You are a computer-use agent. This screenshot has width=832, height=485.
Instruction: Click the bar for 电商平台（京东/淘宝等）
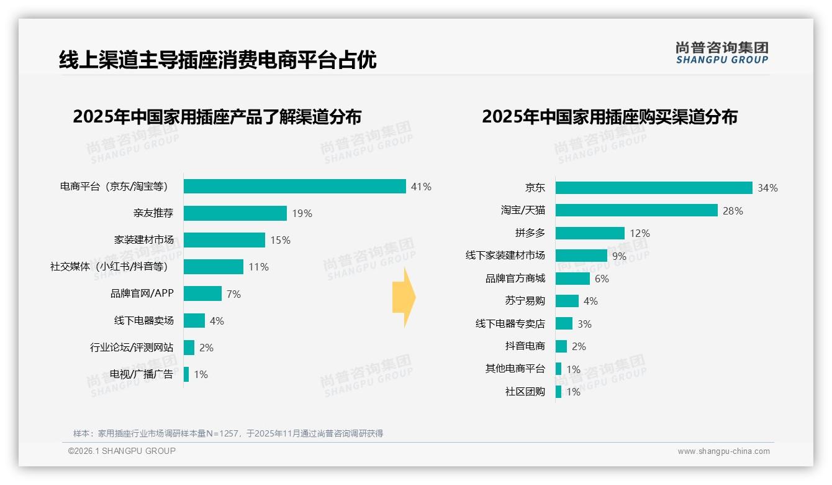point(295,187)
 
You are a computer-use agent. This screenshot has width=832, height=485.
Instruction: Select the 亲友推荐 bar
point(235,213)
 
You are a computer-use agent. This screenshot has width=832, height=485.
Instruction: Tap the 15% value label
point(281,240)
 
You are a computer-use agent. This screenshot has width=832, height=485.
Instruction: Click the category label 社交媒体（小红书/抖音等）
point(109,267)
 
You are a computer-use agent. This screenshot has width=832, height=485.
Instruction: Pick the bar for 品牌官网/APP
point(202,293)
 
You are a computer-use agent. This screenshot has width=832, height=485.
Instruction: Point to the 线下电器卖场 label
point(143,321)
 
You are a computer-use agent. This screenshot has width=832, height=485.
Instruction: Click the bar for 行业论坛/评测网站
point(189,348)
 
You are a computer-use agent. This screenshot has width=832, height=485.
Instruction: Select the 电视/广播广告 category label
point(142,374)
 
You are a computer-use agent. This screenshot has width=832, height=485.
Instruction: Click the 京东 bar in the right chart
point(654,188)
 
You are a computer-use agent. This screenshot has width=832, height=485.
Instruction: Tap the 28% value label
point(733,211)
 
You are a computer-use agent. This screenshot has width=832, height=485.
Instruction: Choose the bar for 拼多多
point(590,233)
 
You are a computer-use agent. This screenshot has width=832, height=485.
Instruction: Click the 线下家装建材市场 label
point(505,256)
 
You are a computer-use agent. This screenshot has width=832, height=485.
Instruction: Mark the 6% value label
point(602,279)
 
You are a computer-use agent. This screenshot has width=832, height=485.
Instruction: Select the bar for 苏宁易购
point(567,301)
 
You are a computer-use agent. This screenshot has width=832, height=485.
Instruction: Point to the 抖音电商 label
point(525,346)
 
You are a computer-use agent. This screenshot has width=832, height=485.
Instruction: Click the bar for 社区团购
point(558,392)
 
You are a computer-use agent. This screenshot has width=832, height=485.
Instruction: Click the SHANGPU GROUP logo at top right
point(722,53)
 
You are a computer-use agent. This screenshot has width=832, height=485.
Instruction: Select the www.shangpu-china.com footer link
point(723,451)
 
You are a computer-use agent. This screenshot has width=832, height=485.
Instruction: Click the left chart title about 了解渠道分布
point(217,117)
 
